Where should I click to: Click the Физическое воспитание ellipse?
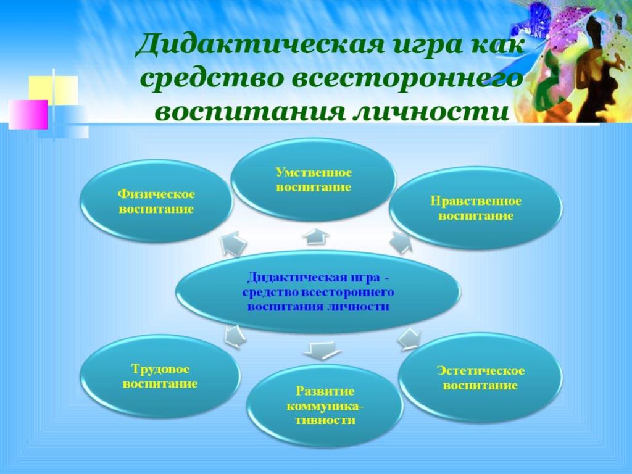[x=156, y=201]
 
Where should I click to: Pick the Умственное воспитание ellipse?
[x=313, y=180]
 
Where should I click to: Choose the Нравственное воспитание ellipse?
[x=476, y=208]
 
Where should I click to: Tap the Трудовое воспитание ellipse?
[x=160, y=376]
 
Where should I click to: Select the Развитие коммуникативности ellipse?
[x=325, y=405]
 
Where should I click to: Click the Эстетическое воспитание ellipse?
[x=480, y=378]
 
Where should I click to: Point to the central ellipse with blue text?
[x=318, y=292]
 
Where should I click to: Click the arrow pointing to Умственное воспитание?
[x=316, y=236]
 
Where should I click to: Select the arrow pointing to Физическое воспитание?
[x=233, y=244]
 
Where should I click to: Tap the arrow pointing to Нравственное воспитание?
[x=401, y=242]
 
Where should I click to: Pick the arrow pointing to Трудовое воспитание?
[x=235, y=336]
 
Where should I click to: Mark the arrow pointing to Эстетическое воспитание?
[x=409, y=338]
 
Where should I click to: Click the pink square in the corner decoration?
[x=28, y=114]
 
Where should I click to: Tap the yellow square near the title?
[x=53, y=90]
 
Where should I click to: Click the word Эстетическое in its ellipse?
[x=480, y=370]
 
